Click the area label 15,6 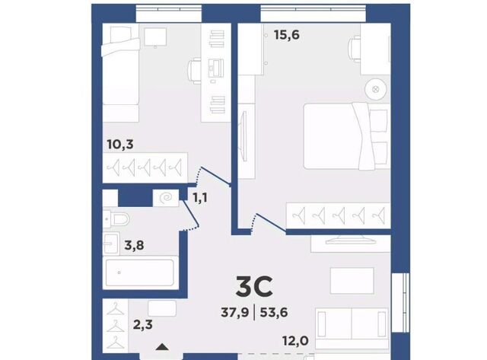[286, 35]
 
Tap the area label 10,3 [120, 144]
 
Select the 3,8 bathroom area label [134, 245]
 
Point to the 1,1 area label [200, 197]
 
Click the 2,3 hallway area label [143, 324]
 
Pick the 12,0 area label [295, 341]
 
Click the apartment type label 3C [254, 287]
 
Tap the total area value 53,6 [274, 312]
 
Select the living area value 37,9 [235, 312]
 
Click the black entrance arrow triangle [162, 346]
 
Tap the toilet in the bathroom [116, 219]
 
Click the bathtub [140, 272]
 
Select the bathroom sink [111, 244]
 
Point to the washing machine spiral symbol [166, 198]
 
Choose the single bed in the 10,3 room [120, 73]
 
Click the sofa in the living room [352, 328]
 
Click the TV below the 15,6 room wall [350, 241]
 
